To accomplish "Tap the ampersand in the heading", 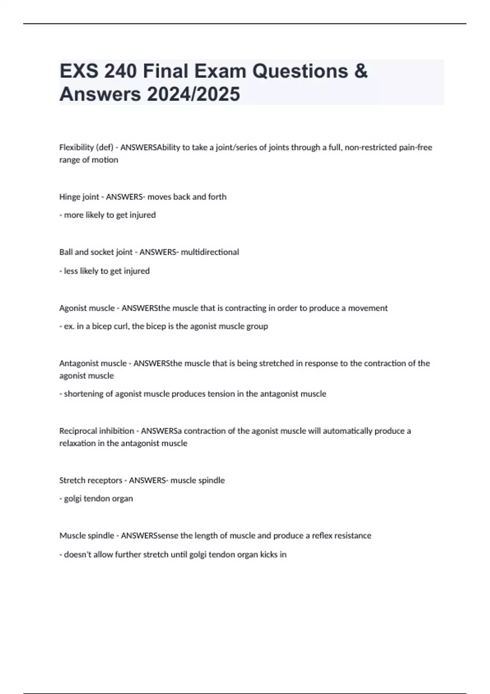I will coord(361,71).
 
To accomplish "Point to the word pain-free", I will coord(415,147).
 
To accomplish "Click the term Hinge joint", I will coord(79,197).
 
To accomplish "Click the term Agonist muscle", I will coord(87,308).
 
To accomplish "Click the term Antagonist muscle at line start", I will coord(93,363).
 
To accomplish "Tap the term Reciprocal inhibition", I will coord(96,431).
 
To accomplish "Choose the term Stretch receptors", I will coord(91,480).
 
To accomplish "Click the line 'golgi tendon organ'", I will coord(98,499).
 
